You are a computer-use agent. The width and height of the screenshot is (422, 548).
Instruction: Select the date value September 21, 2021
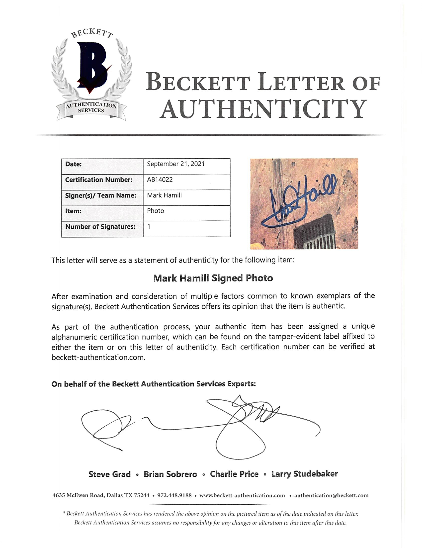176,164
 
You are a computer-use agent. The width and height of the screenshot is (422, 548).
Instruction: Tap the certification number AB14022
160,180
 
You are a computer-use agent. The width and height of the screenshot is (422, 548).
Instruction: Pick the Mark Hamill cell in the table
164,195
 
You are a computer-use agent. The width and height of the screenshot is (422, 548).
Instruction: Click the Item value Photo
156,211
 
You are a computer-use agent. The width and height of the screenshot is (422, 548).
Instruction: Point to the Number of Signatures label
100,227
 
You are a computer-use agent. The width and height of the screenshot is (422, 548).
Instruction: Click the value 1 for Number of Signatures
149,227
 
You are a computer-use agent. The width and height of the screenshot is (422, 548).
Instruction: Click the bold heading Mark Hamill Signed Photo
213,278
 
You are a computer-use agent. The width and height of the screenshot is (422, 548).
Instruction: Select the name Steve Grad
109,474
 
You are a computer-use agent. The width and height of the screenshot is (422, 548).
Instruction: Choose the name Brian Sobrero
170,474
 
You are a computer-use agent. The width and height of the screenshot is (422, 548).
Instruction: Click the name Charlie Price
234,474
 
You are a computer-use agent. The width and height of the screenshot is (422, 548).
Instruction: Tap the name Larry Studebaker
305,474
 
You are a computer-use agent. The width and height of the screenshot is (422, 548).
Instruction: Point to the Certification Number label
99,180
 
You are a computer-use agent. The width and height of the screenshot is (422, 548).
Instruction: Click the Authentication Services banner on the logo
91,108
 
